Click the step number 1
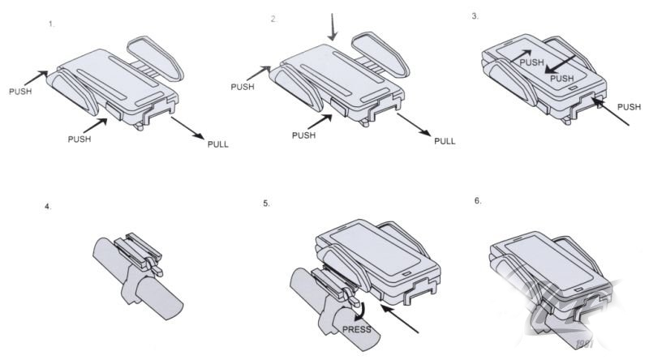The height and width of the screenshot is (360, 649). pyautogui.click(x=51, y=24)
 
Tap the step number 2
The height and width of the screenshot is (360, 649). pyautogui.click(x=273, y=19)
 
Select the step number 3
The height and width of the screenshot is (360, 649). pyautogui.click(x=475, y=16)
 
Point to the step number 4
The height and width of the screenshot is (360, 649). pyautogui.click(x=48, y=207)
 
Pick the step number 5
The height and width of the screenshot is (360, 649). pyautogui.click(x=266, y=204)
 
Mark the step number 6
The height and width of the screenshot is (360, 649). pyautogui.click(x=478, y=201)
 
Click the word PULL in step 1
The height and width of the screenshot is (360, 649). pyautogui.click(x=217, y=144)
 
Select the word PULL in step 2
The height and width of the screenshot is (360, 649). pyautogui.click(x=445, y=141)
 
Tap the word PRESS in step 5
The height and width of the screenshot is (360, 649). pyautogui.click(x=356, y=329)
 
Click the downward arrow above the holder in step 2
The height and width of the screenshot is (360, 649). pyautogui.click(x=332, y=28)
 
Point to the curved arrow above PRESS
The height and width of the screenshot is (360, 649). pyautogui.click(x=361, y=311)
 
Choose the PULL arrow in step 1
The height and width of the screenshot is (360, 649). pyautogui.click(x=187, y=128)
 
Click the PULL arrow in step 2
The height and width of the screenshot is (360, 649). pyautogui.click(x=414, y=125)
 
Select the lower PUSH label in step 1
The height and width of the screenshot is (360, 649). pyautogui.click(x=79, y=139)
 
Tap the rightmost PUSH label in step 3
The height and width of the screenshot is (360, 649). pyautogui.click(x=629, y=107)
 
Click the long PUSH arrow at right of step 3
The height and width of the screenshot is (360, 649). pyautogui.click(x=611, y=111)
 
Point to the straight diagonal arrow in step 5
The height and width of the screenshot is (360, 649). pyautogui.click(x=399, y=319)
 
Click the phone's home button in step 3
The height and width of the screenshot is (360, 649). pyautogui.click(x=573, y=88)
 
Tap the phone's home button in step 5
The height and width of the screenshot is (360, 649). pyautogui.click(x=406, y=274)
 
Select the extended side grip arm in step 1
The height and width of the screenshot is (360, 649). pyautogui.click(x=155, y=58)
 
